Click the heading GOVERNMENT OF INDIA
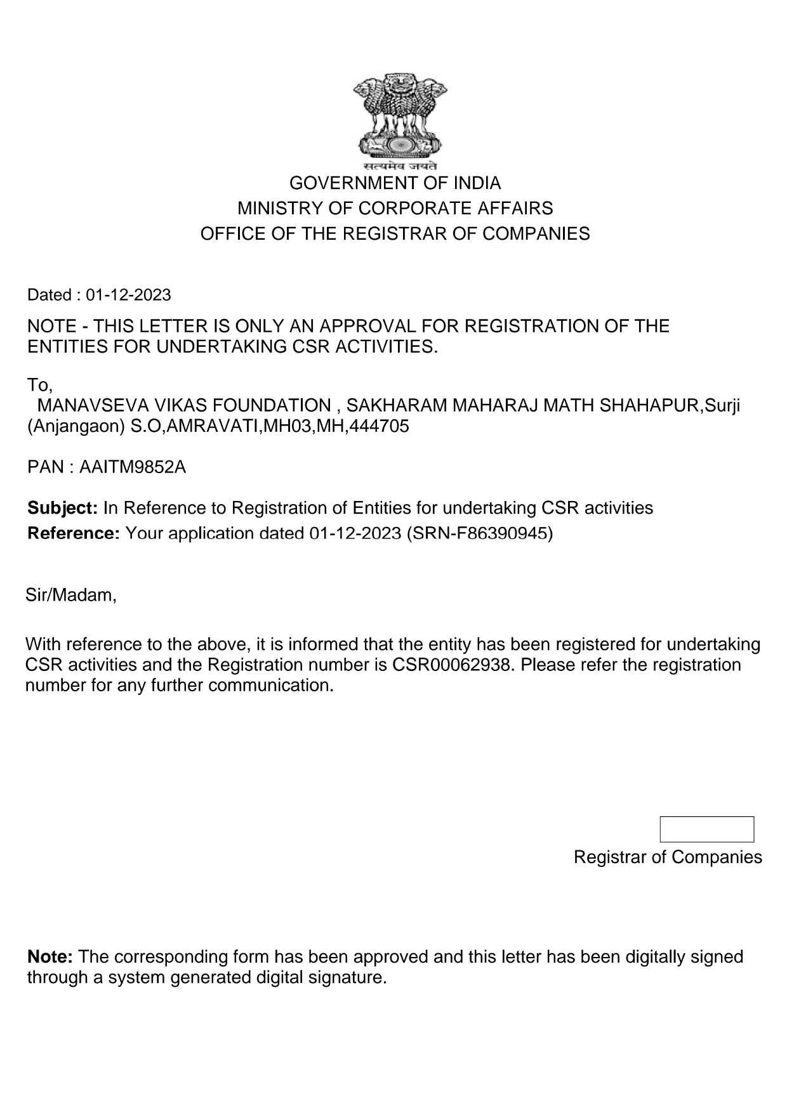(x=395, y=183)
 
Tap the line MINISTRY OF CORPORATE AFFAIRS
(x=395, y=209)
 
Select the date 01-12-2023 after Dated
(x=128, y=295)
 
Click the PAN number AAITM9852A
(x=133, y=467)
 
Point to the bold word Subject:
(x=62, y=508)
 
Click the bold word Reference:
(x=73, y=533)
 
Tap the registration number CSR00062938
(x=452, y=665)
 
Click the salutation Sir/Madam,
(x=71, y=596)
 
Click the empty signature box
(x=706, y=830)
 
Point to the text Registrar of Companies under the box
(x=668, y=857)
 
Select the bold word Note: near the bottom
(x=50, y=957)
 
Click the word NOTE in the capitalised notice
(x=51, y=327)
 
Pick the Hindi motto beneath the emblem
(x=400, y=167)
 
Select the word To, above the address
(x=39, y=385)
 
